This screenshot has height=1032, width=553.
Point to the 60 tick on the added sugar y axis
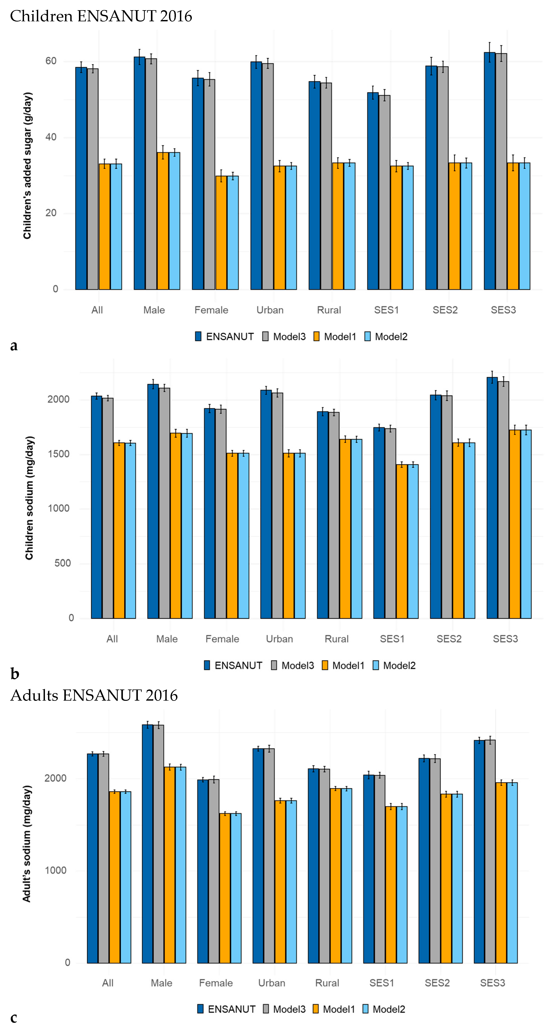[51, 61]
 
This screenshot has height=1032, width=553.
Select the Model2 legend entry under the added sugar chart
[386, 337]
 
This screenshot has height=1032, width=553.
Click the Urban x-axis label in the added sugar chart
[270, 310]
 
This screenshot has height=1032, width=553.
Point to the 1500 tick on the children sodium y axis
[58, 454]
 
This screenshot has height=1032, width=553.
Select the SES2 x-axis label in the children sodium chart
[449, 639]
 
